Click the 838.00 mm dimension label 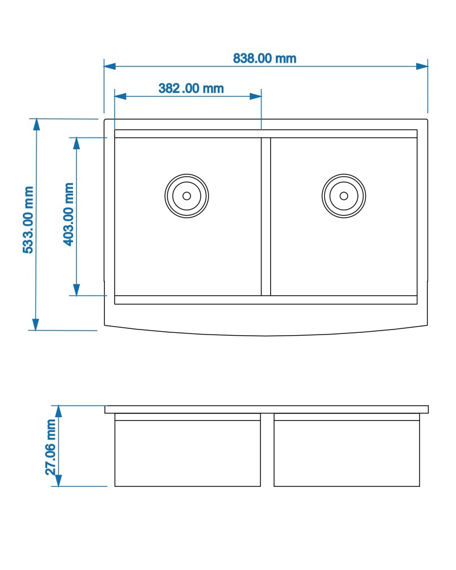pos(264,59)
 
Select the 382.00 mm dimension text pos(191,88)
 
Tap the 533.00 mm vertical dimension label pos(28,220)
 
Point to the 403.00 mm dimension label pos(68,214)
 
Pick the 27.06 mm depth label pos(51,447)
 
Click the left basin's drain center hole pos(186,196)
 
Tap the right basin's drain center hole pos(344,196)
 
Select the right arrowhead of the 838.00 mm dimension pos(422,66)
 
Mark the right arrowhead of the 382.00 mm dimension pos(255,96)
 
